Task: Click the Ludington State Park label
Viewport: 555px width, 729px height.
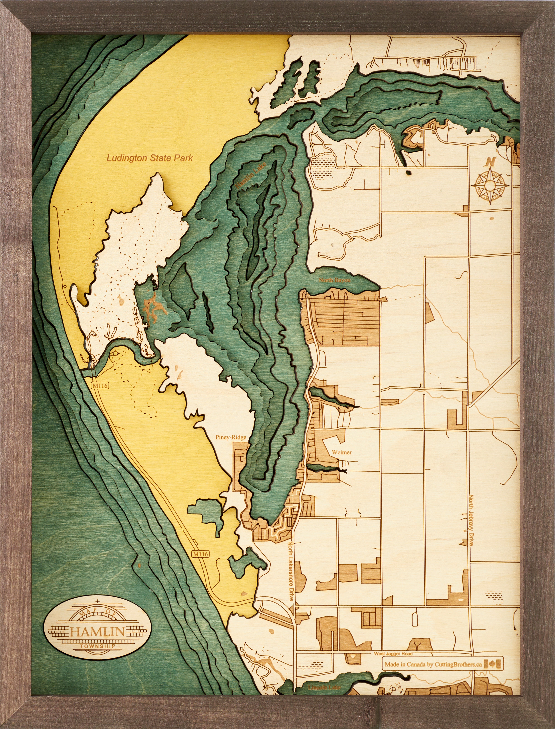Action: (150, 158)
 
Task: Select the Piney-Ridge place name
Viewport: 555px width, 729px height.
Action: (231, 437)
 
